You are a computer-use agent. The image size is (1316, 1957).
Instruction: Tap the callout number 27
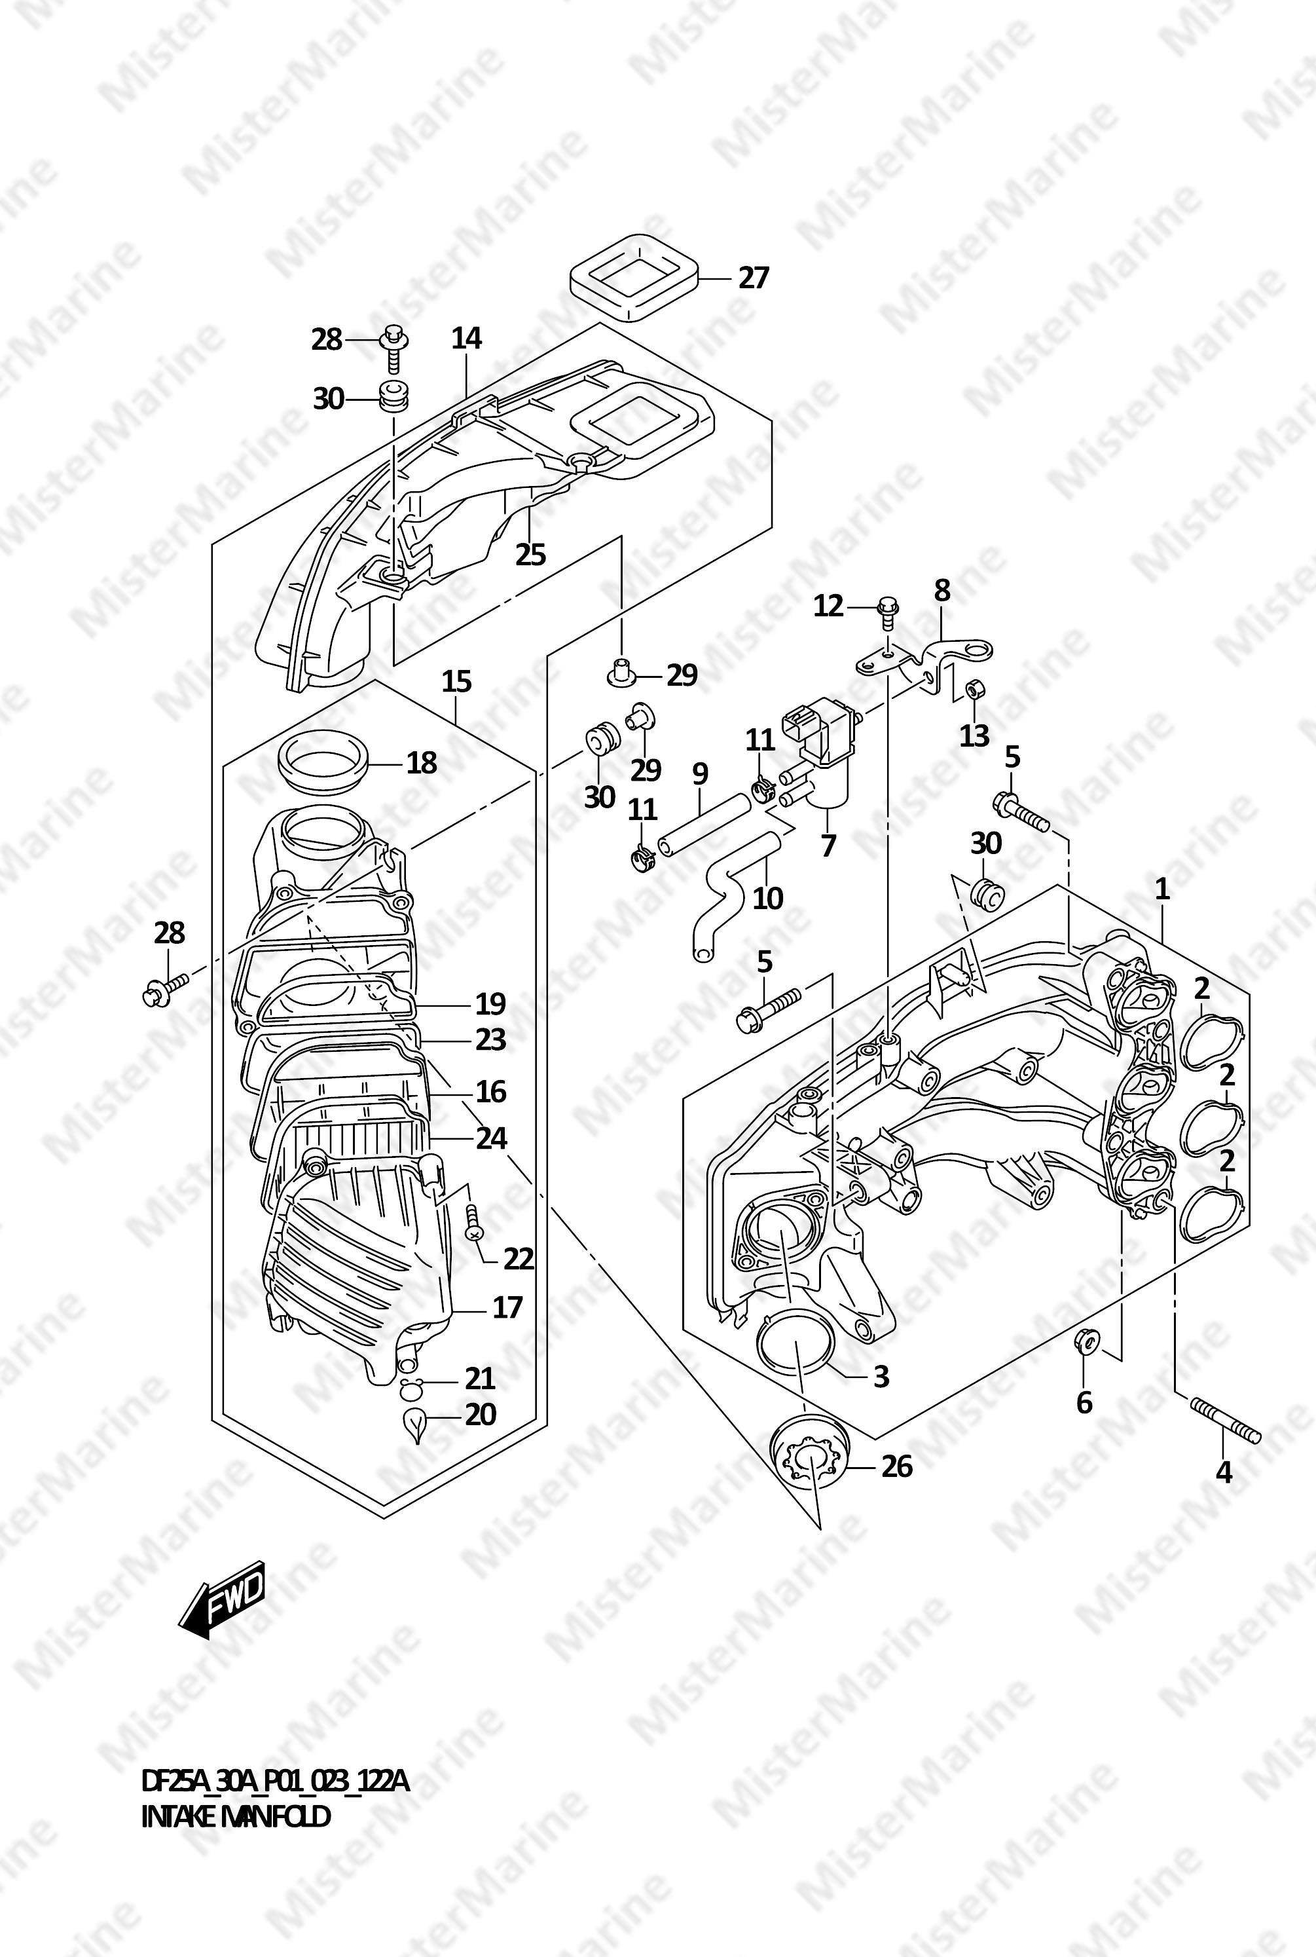(753, 278)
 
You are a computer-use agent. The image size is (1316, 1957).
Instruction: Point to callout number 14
(467, 339)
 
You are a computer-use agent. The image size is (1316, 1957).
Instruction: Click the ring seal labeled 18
(321, 763)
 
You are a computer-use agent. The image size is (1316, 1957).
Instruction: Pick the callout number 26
(896, 1466)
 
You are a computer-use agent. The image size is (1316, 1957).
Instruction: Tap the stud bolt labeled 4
(1224, 1420)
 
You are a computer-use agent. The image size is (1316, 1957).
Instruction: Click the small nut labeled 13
(976, 690)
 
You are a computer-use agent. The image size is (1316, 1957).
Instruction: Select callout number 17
(507, 1307)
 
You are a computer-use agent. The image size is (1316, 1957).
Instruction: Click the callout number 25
(530, 554)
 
